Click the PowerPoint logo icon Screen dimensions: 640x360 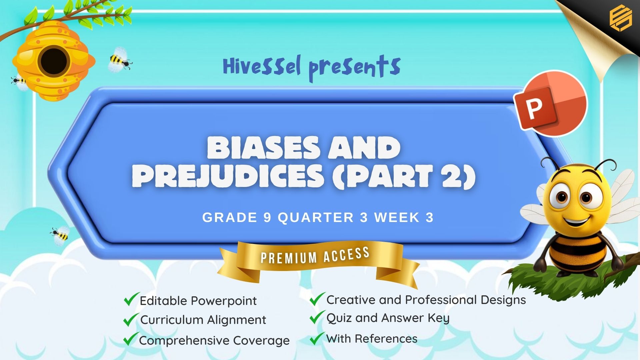pyautogui.click(x=550, y=103)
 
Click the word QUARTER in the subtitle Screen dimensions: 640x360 pyautogui.click(x=316, y=218)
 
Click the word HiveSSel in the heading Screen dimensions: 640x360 pyautogui.click(x=262, y=66)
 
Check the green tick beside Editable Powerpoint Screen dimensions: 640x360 pyautogui.click(x=131, y=299)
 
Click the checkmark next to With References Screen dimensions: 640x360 pyautogui.click(x=317, y=338)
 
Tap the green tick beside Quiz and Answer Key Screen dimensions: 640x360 pyautogui.click(x=317, y=317)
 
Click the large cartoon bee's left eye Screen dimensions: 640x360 pyautogui.click(x=562, y=197)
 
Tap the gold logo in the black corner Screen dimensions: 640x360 pyautogui.click(x=621, y=19)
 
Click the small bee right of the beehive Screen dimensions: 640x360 pyautogui.click(x=120, y=60)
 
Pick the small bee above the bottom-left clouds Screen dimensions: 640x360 pyautogui.click(x=60, y=235)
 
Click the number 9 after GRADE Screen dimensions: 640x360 pyautogui.click(x=267, y=218)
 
